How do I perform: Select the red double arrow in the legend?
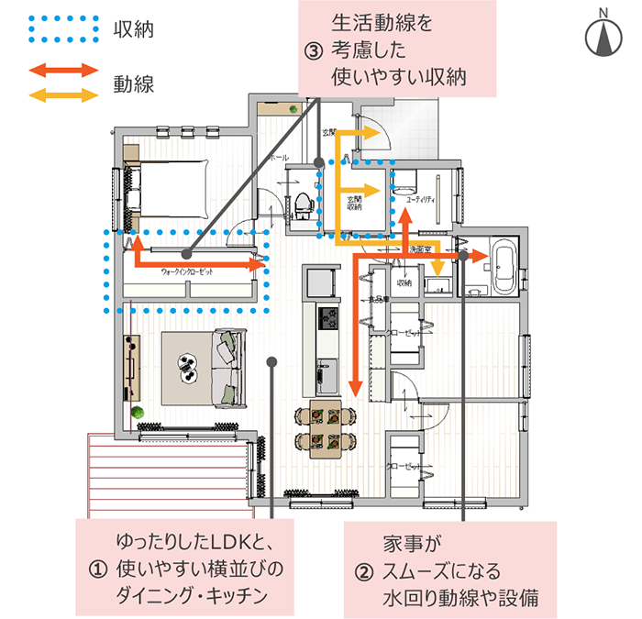coord(63,71)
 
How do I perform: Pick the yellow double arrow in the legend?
coord(63,94)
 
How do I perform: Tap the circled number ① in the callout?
coord(95,569)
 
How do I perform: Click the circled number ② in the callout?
coord(364,573)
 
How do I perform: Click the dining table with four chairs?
coord(327,427)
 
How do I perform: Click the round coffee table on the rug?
coord(188,366)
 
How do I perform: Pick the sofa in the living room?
coord(226,368)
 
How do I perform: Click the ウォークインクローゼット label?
coord(186,273)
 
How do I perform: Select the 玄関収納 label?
coord(356,203)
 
